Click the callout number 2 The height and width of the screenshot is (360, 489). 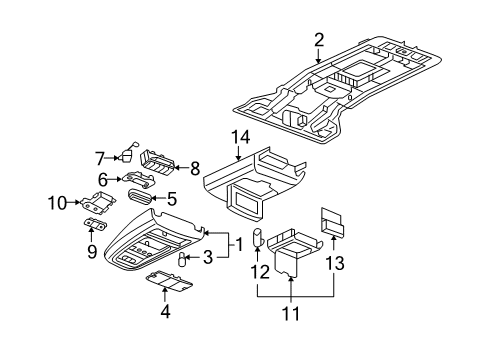click(x=318, y=40)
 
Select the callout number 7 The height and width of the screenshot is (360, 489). click(x=100, y=156)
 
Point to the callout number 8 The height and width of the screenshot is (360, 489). click(x=195, y=169)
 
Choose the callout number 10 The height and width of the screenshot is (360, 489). click(x=59, y=204)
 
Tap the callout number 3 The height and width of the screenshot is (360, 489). click(x=208, y=260)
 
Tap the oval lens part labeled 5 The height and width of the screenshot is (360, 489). click(x=142, y=197)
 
